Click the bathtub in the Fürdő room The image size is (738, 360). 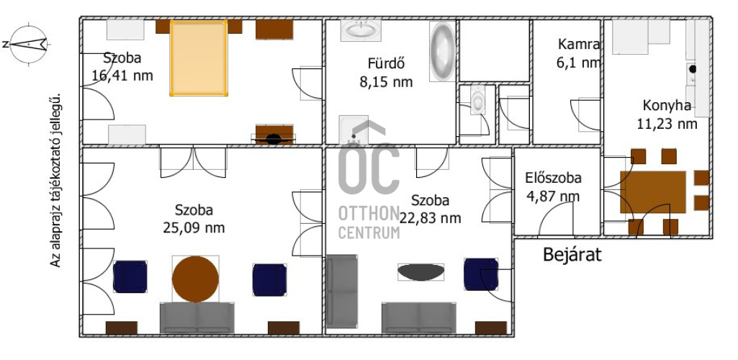point(442,51)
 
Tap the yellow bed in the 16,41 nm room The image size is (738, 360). point(199,58)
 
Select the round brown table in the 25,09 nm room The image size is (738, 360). point(195,279)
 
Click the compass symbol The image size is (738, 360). point(29,44)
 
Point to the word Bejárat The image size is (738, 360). point(572,255)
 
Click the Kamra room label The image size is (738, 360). point(579,44)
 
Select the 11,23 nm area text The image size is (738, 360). point(667,124)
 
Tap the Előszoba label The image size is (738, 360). point(553,178)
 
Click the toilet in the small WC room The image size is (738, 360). point(478,100)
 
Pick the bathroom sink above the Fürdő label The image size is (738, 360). point(361,30)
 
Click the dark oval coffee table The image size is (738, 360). point(420,271)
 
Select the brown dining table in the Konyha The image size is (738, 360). point(653,192)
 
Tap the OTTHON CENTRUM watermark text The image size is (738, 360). point(369,222)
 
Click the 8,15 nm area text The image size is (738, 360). point(386,82)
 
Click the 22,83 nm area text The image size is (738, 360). point(430,218)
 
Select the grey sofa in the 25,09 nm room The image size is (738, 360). point(197,318)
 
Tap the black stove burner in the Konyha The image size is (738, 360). point(693,69)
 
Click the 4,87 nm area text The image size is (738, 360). point(553,196)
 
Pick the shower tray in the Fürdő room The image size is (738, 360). point(354,130)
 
